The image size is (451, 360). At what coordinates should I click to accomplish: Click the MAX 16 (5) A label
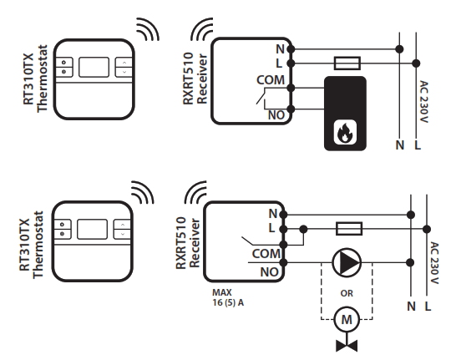[228, 298]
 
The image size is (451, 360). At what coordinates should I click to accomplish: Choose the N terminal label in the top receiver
[279, 49]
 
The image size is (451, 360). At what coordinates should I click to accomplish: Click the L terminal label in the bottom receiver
[273, 228]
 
